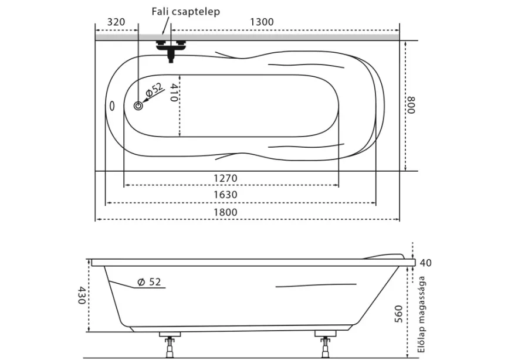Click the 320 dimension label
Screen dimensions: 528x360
coord(116,22)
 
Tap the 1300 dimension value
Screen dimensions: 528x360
coord(262,22)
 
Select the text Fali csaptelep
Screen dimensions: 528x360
coord(185,12)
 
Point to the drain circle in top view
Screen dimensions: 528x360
coord(138,106)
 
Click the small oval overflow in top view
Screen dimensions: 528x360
coord(112,106)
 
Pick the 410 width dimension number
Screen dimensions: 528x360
coord(174,93)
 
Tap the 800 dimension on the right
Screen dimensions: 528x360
coord(411,105)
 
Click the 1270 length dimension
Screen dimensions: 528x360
coord(225,178)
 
